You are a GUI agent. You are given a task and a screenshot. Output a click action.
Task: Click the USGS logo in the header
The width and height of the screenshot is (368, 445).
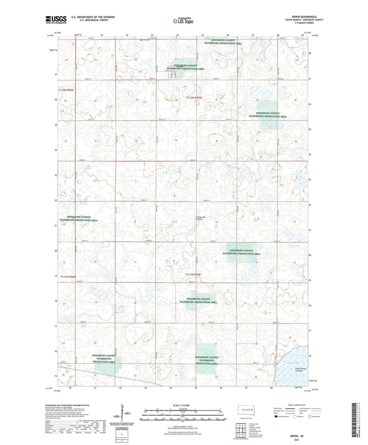tap(56, 20)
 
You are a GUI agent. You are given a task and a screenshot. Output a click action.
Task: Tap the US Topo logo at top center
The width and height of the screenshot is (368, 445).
tap(183, 21)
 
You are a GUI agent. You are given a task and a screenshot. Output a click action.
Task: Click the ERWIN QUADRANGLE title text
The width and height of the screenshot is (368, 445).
tap(304, 17)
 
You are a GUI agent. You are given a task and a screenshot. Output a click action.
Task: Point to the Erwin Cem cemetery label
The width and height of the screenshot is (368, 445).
tap(146, 40)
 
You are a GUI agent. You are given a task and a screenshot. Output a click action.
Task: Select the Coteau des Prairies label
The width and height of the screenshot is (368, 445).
tap(200, 218)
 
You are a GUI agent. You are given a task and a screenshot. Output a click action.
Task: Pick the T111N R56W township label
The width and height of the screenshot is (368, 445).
tap(68, 277)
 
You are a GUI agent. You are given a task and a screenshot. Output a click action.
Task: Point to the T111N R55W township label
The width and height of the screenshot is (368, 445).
tap(193, 274)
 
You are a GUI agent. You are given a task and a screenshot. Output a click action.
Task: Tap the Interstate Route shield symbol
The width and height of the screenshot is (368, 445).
tap(276, 416)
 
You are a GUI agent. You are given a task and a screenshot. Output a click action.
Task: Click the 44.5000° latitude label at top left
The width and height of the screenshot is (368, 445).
tap(50, 36)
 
